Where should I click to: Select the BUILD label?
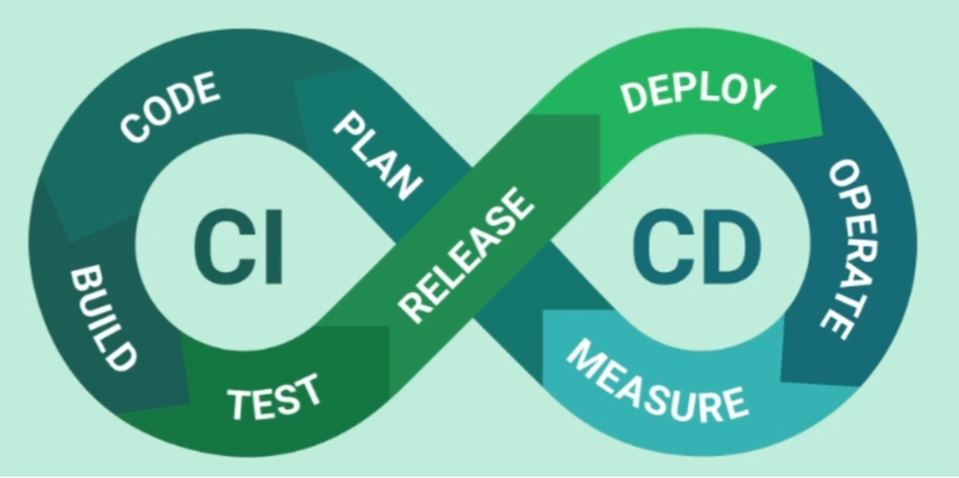point(102,318)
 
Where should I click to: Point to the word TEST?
point(274,396)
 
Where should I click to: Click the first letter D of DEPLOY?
point(638,97)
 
